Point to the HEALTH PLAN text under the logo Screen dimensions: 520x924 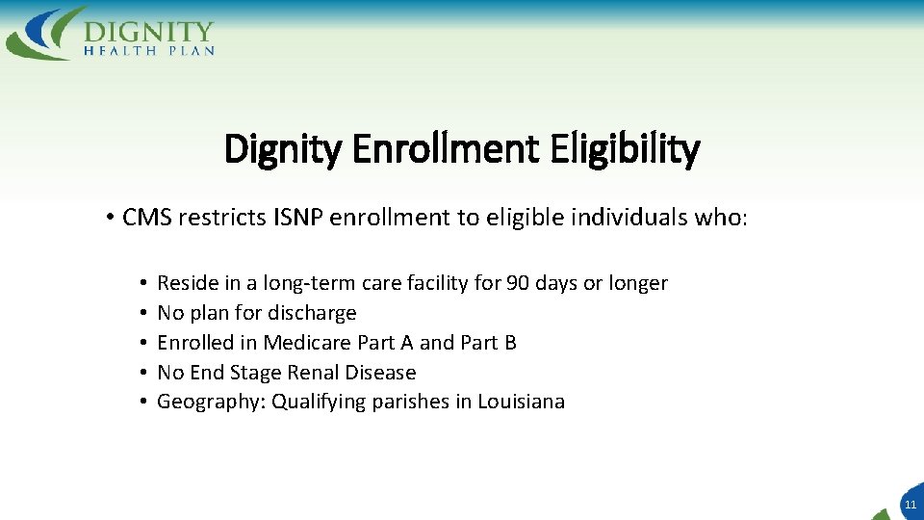(148, 50)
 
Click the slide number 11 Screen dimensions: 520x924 (911, 504)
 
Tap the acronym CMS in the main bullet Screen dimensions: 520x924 (147, 218)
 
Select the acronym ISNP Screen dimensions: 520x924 (298, 218)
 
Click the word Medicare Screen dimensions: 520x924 (307, 343)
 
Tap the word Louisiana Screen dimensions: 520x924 (522, 402)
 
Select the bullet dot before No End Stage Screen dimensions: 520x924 (141, 373)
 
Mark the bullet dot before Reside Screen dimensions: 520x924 (141, 283)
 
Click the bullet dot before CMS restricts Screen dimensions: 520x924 (112, 218)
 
